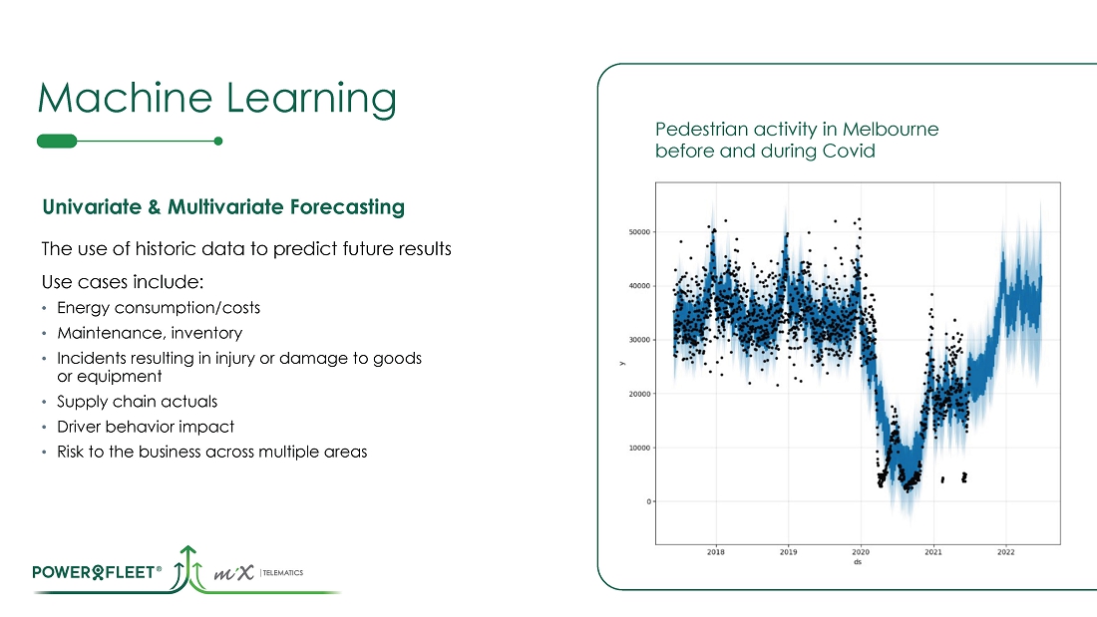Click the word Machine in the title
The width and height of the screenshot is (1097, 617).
[x=118, y=99]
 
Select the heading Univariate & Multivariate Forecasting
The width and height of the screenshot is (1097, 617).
[x=222, y=207]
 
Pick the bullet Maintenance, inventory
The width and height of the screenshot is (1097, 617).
[x=149, y=333]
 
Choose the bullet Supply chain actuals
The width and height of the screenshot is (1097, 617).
[x=137, y=402]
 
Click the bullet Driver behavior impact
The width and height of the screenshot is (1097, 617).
[x=146, y=427]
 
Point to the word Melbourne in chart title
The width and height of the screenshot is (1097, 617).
[x=890, y=130]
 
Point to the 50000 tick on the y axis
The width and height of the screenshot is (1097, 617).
[x=635, y=232]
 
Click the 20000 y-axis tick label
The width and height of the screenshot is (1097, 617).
[x=635, y=394]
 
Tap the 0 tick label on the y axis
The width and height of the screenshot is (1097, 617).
[x=648, y=501]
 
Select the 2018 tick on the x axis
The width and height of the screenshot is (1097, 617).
[x=716, y=551]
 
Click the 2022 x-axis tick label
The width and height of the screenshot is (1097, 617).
[x=1005, y=551]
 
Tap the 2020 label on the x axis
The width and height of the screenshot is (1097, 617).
[x=861, y=551]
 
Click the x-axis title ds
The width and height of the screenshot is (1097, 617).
[x=858, y=563]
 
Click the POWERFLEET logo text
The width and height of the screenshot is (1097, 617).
[x=97, y=572]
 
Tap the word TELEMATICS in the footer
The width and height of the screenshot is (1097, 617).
[x=283, y=573]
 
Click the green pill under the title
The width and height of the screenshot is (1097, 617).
[x=56, y=141]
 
